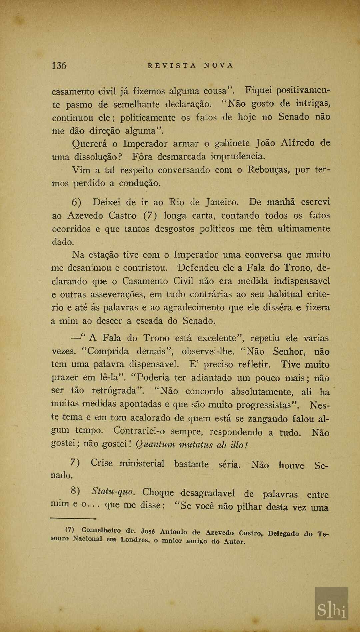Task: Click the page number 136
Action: tap(59, 65)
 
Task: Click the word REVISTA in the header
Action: tap(172, 66)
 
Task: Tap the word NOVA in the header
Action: tap(219, 66)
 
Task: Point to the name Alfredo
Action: tap(298, 143)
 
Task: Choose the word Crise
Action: tap(102, 463)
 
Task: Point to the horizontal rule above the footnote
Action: tap(73, 518)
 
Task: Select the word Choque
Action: tap(158, 492)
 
